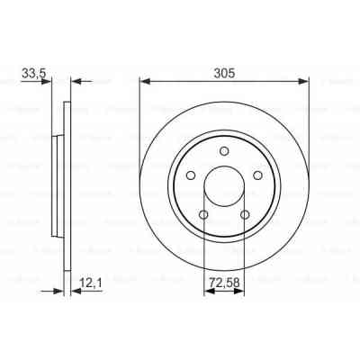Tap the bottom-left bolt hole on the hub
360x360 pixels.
pyautogui.click(x=204, y=214)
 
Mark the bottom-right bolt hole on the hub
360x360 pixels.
pyautogui.click(x=246, y=214)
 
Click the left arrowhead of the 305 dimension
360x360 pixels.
pyautogui.click(x=144, y=81)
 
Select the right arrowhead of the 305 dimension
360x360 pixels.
pyautogui.click(x=305, y=81)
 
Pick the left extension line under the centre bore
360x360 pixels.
pyautogui.click(x=204, y=261)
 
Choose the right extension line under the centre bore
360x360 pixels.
pyautogui.click(x=246, y=261)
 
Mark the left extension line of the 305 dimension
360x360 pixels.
pyautogui.click(x=139, y=108)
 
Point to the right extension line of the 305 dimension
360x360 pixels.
pyautogui.click(x=310, y=108)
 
